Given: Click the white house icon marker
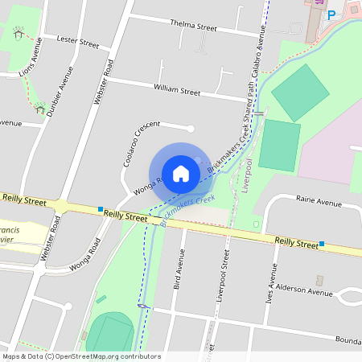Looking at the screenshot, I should tap(180, 173).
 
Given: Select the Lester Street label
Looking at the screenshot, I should tap(78, 41).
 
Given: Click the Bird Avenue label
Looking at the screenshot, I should tap(179, 269).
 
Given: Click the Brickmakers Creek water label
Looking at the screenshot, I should tap(188, 210).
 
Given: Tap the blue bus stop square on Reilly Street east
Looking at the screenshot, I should tap(322, 243).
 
